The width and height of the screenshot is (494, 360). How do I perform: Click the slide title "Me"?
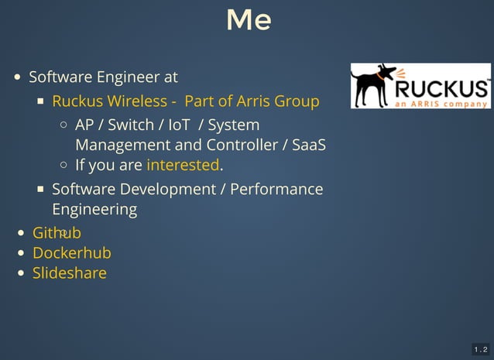(248, 20)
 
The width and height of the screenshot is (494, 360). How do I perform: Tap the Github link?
(57, 233)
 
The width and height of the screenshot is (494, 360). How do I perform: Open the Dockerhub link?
(71, 253)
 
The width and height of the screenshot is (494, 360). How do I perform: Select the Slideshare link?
(69, 273)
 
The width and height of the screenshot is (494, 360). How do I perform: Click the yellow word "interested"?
(183, 165)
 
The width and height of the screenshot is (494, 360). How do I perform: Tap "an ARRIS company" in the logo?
(442, 104)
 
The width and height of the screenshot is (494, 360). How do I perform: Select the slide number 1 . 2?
(480, 350)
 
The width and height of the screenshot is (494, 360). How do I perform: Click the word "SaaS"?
(309, 145)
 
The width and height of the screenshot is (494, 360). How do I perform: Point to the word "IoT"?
(179, 125)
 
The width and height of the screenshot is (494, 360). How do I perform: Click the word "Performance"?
(276, 189)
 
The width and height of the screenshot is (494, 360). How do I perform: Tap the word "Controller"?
(247, 145)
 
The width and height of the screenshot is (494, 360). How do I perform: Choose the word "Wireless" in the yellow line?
(138, 101)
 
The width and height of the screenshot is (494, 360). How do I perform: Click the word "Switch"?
(131, 125)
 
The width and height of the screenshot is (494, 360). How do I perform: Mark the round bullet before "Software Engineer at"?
(18, 77)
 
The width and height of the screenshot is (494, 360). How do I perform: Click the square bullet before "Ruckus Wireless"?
(41, 101)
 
